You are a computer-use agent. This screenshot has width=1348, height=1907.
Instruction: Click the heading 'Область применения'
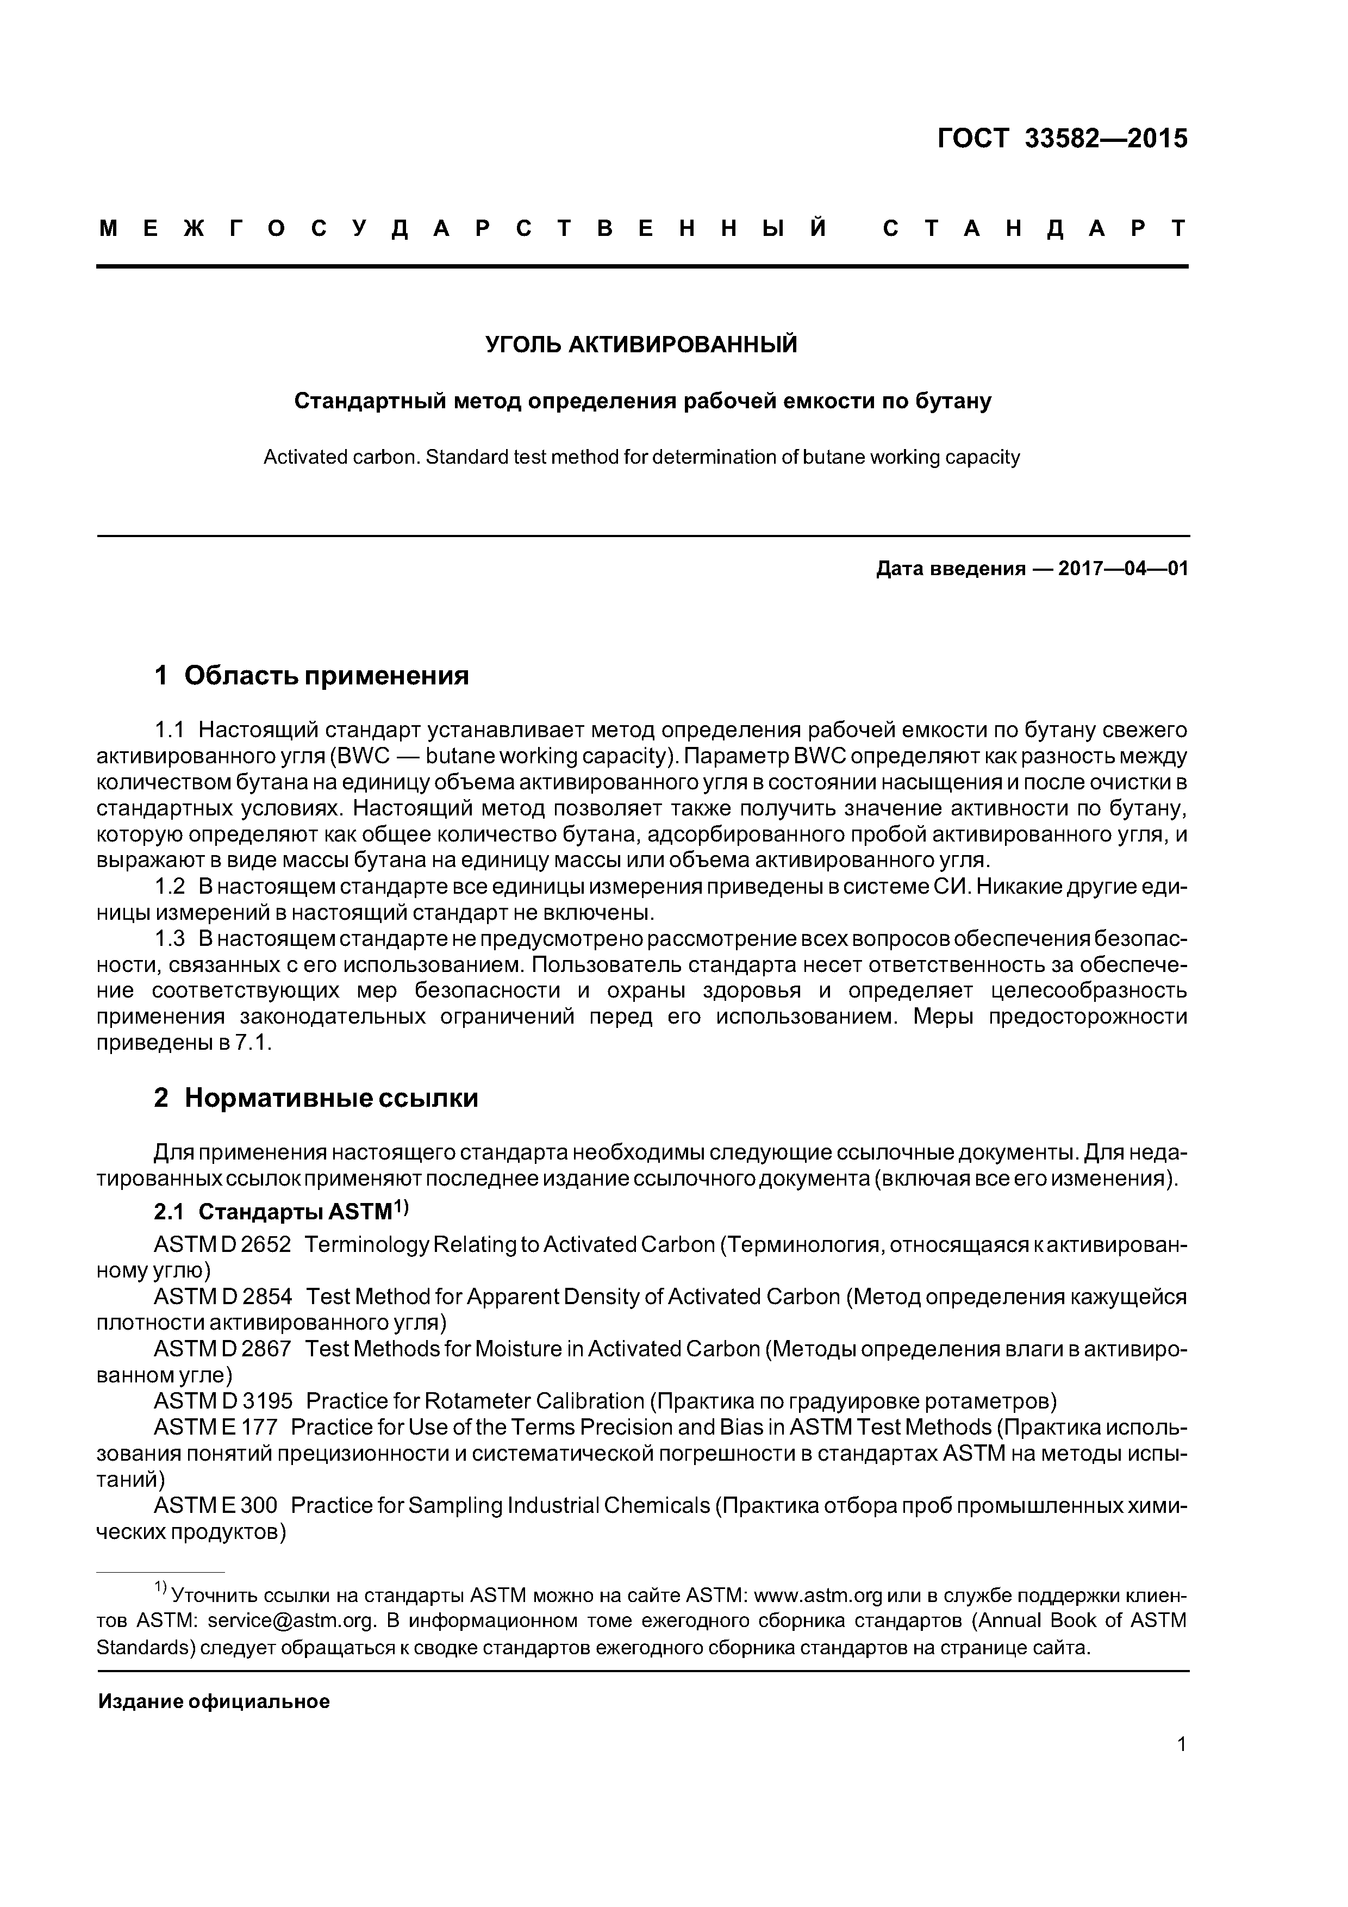click(x=326, y=676)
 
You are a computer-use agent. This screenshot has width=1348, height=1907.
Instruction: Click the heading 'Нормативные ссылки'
click(x=330, y=1098)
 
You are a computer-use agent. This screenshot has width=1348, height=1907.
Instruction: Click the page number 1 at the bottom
click(x=1181, y=1767)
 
